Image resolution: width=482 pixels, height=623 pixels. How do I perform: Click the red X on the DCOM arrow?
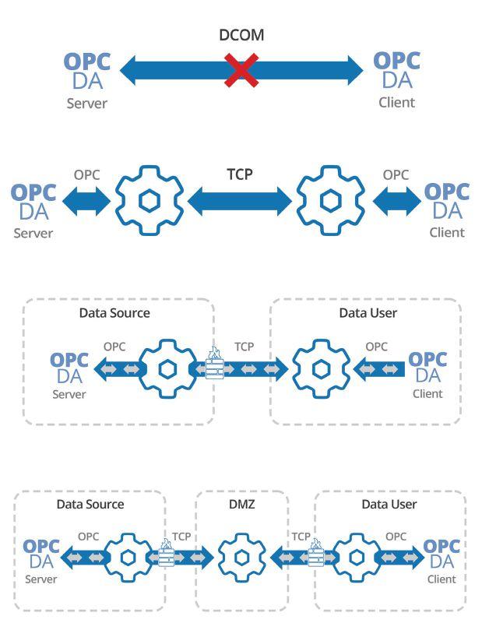click(x=241, y=70)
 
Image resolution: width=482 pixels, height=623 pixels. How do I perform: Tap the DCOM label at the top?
click(x=241, y=36)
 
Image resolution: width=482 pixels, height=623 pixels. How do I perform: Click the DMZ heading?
click(x=241, y=504)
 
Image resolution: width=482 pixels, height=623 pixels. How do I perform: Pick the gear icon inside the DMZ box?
click(x=241, y=557)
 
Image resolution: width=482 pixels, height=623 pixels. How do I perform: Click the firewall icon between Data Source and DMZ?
click(x=167, y=554)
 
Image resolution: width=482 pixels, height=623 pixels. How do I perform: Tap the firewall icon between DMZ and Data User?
click(x=315, y=554)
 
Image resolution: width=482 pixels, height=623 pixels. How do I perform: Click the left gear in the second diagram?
click(x=150, y=200)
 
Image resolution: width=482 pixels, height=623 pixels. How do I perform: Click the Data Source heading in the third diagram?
click(x=114, y=313)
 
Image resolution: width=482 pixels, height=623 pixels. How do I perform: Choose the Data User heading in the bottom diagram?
click(x=389, y=504)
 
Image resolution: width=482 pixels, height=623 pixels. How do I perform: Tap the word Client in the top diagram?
click(x=396, y=102)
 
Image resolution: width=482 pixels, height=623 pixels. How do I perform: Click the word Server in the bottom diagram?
click(x=41, y=579)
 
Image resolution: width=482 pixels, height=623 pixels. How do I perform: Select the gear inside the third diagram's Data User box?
click(x=320, y=368)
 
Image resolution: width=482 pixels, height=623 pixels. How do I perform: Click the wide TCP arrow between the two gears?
click(x=240, y=201)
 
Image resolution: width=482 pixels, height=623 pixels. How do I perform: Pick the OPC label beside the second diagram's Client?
click(x=396, y=174)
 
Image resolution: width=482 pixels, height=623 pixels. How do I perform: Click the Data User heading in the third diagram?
click(x=368, y=313)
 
